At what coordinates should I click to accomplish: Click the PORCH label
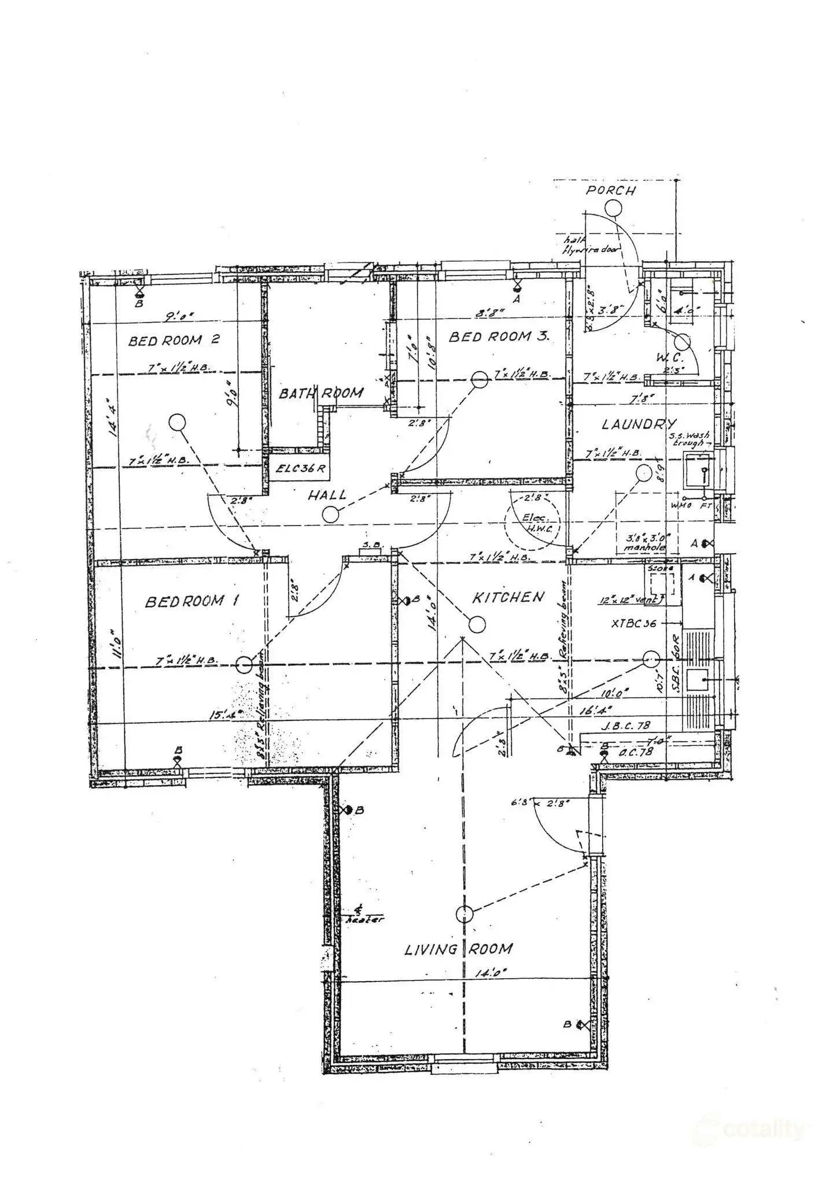pyautogui.click(x=610, y=190)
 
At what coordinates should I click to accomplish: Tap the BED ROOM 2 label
pyautogui.click(x=174, y=340)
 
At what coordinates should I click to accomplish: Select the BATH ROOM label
pyautogui.click(x=321, y=394)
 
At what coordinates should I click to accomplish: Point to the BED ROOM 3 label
pyautogui.click(x=499, y=336)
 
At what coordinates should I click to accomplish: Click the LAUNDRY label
pyautogui.click(x=639, y=424)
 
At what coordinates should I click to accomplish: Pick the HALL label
pyautogui.click(x=327, y=495)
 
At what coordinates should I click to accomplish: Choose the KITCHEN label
pyautogui.click(x=508, y=597)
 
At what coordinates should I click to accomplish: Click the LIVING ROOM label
pyautogui.click(x=458, y=949)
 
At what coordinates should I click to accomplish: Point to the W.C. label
pyautogui.click(x=669, y=358)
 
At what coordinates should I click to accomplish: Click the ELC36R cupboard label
pyautogui.click(x=300, y=468)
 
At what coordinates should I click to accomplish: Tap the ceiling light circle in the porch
pyautogui.click(x=611, y=208)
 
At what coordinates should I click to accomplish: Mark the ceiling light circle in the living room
pyautogui.click(x=464, y=914)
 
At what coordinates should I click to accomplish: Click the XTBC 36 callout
pyautogui.click(x=633, y=624)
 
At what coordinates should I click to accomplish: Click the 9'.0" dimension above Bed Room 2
pyautogui.click(x=179, y=316)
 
